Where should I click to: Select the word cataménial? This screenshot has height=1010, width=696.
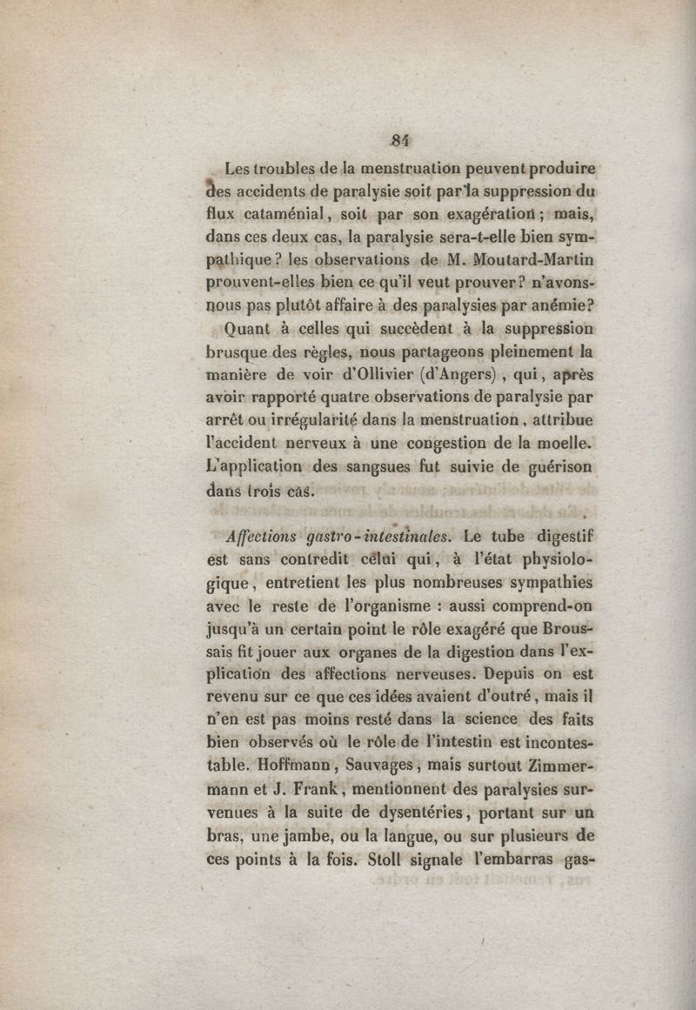click(x=286, y=213)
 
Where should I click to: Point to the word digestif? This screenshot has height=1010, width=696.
click(x=558, y=536)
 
